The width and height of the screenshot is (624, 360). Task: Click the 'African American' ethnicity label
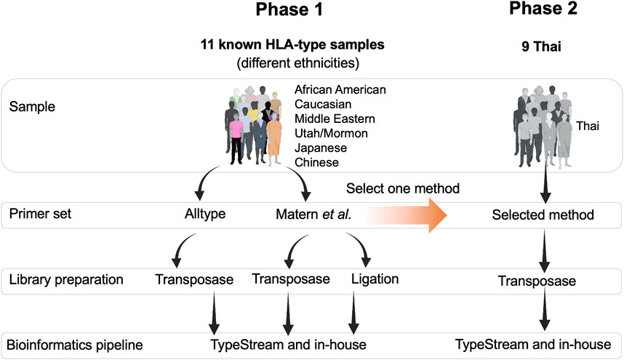click(x=340, y=89)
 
